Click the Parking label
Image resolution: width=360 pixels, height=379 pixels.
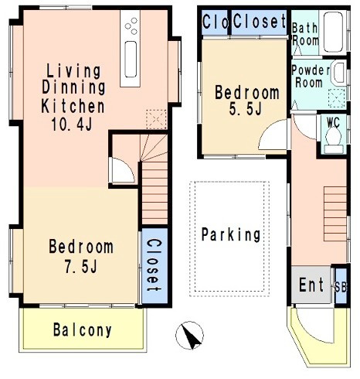tap(231, 234)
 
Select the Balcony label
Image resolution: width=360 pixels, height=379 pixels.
tap(83, 330)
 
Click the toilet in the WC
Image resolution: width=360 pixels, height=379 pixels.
tap(334, 141)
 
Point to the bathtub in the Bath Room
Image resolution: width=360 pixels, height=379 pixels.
tap(333, 32)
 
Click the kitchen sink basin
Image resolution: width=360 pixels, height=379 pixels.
tap(131, 60)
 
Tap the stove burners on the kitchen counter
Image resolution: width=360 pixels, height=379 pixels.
tap(131, 26)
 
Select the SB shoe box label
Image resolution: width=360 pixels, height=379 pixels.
tap(341, 287)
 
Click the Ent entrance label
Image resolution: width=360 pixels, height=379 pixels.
tap(311, 285)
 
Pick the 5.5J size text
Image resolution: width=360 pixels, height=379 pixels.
tap(246, 109)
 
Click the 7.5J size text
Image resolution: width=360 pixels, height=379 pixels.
tap(80, 266)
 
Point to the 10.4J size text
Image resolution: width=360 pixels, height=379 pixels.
tap(72, 125)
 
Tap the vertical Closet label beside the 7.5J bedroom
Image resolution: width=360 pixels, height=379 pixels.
tap(154, 265)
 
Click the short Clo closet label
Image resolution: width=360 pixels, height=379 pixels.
tap(216, 22)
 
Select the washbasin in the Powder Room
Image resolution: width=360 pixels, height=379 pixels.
tap(339, 73)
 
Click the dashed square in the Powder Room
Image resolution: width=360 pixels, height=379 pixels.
tap(337, 98)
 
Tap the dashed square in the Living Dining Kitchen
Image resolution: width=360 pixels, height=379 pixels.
tap(156, 119)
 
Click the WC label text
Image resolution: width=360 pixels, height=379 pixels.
tap(333, 122)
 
